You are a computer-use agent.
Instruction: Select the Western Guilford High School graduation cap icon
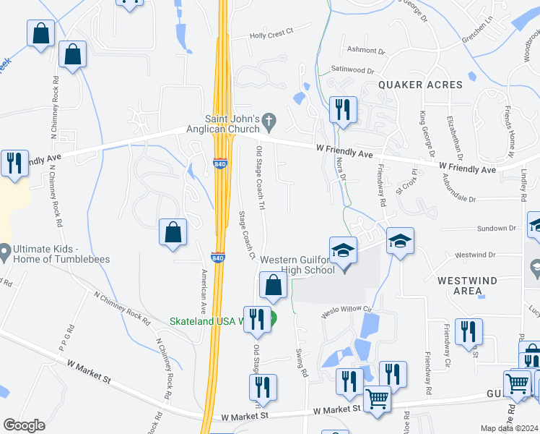point(344,251)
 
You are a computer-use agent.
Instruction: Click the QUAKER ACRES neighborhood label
point(421,85)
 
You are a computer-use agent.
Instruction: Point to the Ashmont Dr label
point(362,50)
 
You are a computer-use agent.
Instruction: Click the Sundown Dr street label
point(497,228)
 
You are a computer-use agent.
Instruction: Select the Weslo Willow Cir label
point(346,310)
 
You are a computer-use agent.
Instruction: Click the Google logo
point(24,425)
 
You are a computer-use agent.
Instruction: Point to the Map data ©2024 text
point(509,428)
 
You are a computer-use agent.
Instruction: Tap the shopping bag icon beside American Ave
point(173,232)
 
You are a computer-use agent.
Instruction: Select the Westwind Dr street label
point(476,255)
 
